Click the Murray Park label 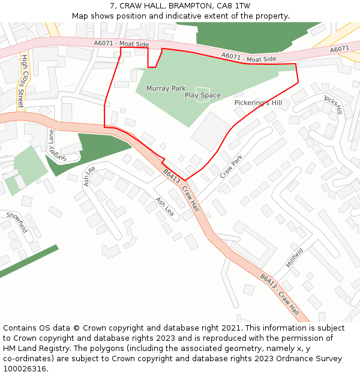click(166, 88)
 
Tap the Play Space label click(202, 95)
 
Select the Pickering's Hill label click(258, 103)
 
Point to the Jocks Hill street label click(333, 104)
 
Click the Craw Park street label click(231, 167)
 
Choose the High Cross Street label click(23, 82)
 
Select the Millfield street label click(295, 259)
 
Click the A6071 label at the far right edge click(340, 49)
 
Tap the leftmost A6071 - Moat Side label click(121, 44)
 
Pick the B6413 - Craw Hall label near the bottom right click(280, 295)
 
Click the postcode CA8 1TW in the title click(234, 5)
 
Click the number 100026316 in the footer click(25, 369)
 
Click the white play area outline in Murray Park click(203, 95)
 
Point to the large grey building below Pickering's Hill click(211, 131)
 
